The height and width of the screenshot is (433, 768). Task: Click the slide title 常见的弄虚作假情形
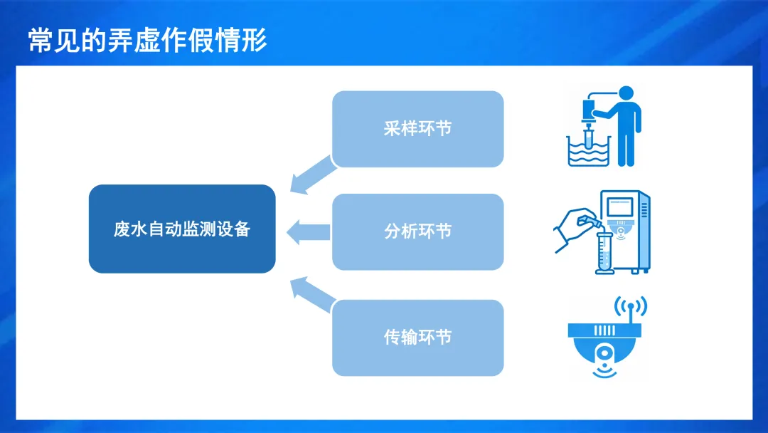point(147,41)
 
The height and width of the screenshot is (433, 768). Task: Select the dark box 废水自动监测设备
point(182,229)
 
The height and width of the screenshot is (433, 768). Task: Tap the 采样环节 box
point(417,129)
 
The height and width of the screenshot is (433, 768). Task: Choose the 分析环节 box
point(417,231)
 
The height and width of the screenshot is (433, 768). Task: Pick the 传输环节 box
point(417,338)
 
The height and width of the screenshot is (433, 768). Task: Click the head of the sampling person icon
point(625,94)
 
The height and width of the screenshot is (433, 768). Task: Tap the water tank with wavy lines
point(590,152)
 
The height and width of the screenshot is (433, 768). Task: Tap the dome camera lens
point(605,353)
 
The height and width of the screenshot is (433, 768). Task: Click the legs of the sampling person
point(625,148)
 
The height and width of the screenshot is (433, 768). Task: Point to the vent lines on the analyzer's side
point(644,210)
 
